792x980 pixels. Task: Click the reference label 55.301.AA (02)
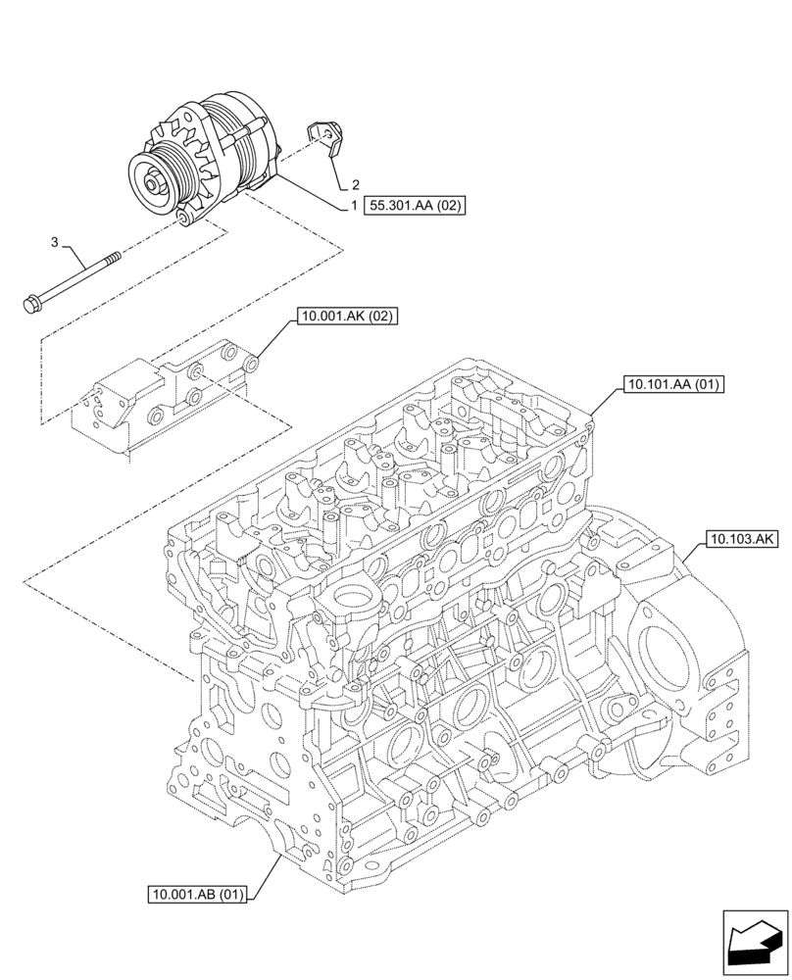point(415,206)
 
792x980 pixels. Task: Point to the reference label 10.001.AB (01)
point(199,894)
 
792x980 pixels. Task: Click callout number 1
point(353,206)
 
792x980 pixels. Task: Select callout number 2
point(355,184)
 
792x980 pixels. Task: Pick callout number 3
point(55,241)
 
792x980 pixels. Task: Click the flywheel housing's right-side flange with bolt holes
point(723,701)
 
